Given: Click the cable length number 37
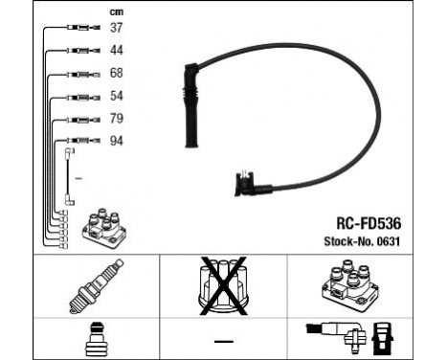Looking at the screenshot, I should pos(116,27).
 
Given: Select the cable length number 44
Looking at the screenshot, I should pos(116,49).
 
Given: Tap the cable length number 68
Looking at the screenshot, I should pos(116,72).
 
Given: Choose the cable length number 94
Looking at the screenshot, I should pos(116,141).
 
